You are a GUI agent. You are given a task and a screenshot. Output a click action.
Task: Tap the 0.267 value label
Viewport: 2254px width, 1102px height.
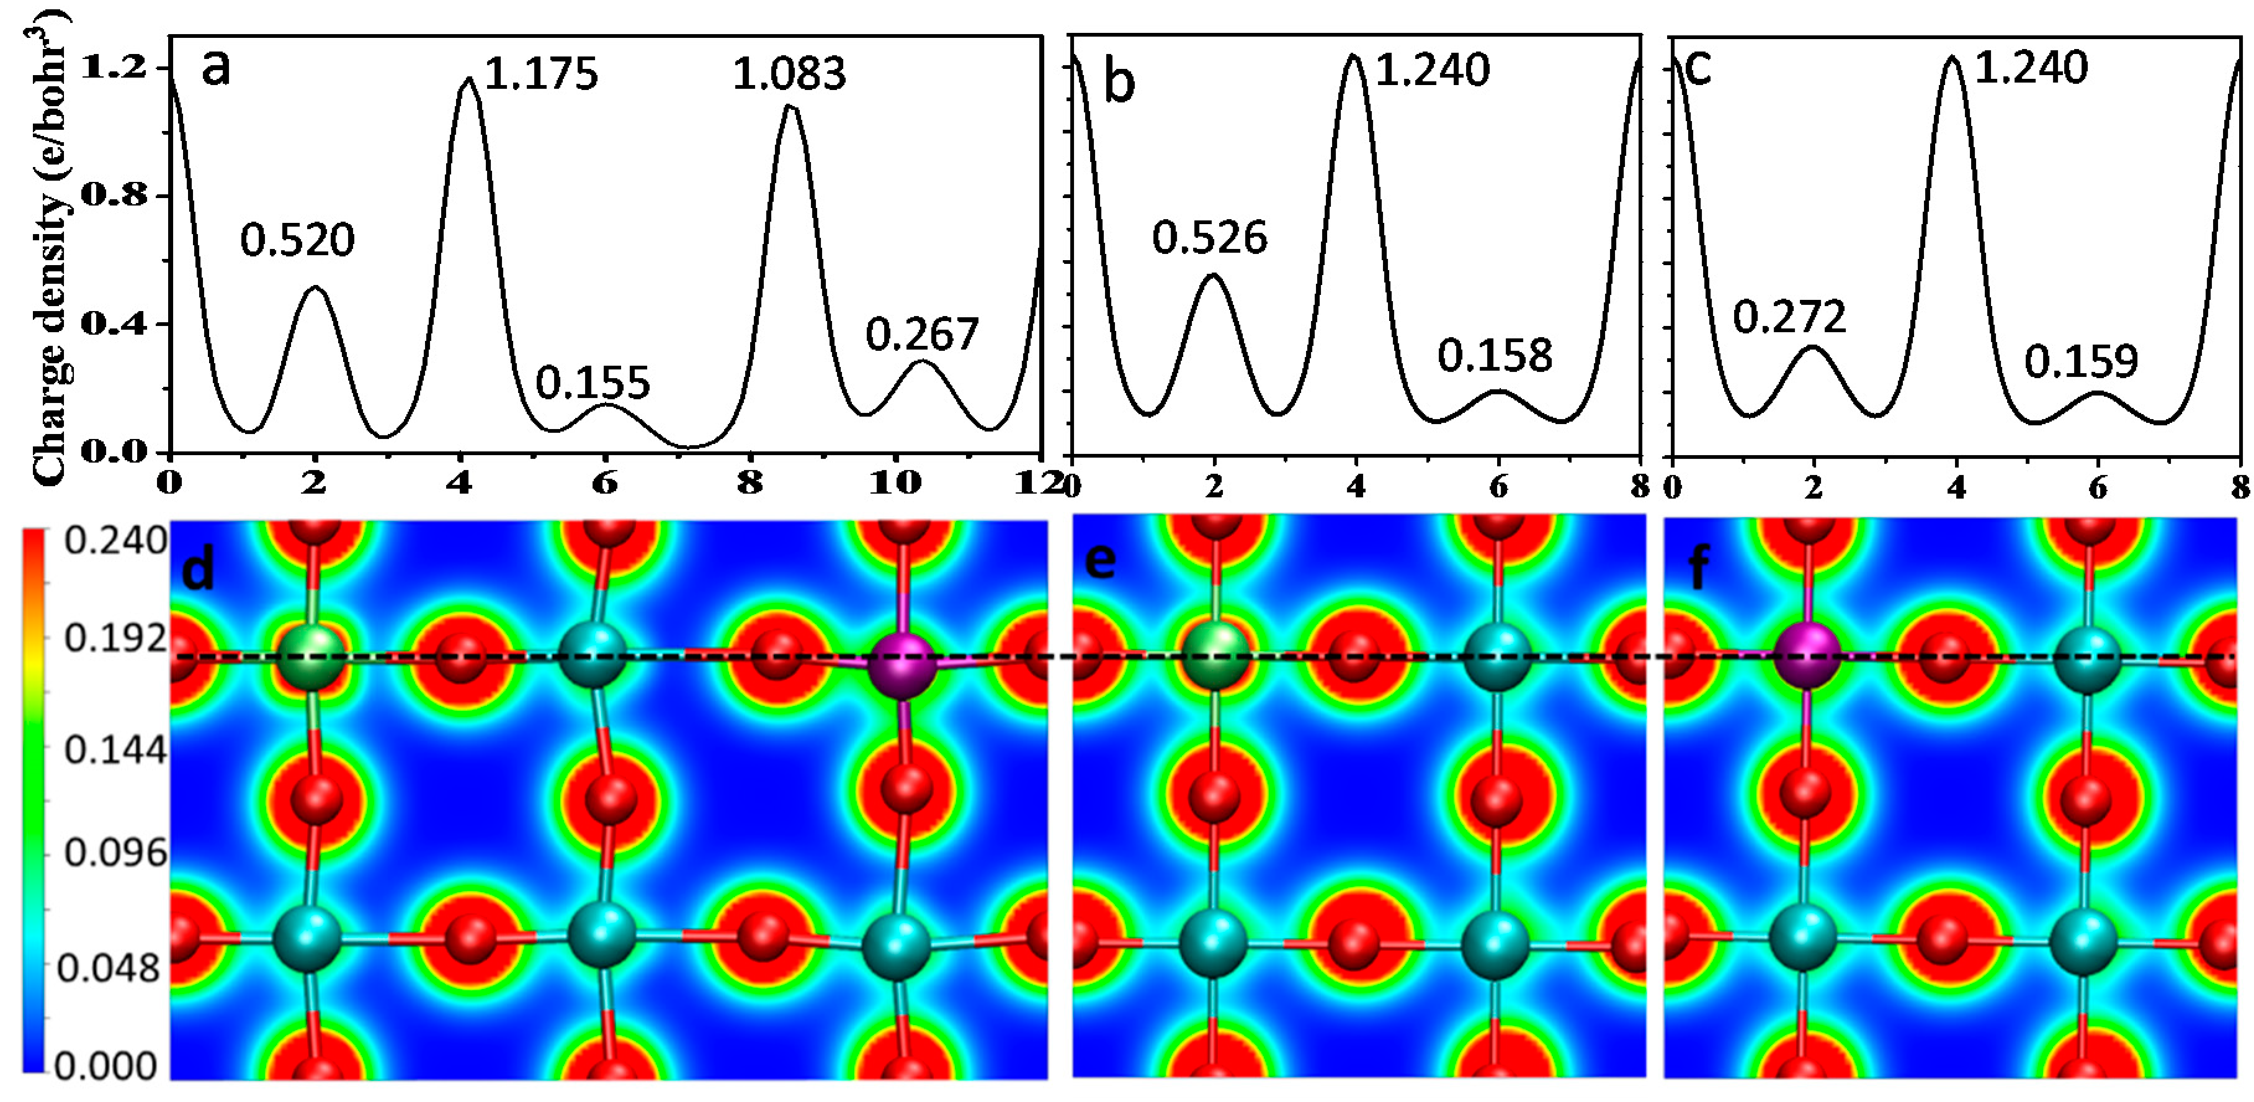coord(922,335)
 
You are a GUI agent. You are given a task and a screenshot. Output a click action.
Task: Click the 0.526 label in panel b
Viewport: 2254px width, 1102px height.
coord(1209,238)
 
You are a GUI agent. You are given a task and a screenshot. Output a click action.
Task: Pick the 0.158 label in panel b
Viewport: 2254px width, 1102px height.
coord(1495,355)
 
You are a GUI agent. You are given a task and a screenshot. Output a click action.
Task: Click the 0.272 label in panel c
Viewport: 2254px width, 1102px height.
coord(1789,317)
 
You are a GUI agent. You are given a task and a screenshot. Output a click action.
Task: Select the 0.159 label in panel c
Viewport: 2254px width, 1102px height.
coord(2081,361)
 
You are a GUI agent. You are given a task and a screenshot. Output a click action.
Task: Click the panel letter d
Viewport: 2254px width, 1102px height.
coord(198,571)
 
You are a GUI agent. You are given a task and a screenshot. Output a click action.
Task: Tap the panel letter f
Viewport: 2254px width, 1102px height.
coord(1697,567)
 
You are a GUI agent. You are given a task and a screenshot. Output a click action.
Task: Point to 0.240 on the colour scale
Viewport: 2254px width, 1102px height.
coord(115,541)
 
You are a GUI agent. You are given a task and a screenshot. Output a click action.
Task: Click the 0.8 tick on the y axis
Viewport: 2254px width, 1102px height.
coord(114,194)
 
